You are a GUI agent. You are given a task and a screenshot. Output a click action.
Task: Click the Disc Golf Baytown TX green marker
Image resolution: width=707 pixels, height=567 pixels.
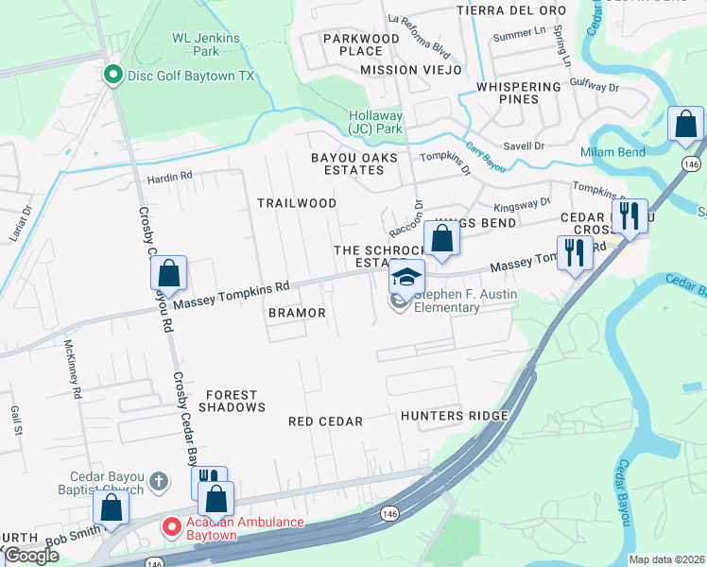(x=112, y=74)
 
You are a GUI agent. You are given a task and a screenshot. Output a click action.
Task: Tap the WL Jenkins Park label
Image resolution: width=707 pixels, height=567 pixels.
(x=206, y=44)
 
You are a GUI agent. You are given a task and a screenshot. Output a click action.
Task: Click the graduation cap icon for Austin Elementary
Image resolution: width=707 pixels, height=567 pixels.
(x=407, y=276)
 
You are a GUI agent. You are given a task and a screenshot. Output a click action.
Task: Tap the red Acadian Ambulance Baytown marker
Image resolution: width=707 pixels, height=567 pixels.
(x=171, y=526)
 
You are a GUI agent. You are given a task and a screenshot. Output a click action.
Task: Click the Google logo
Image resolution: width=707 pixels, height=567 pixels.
(x=31, y=556)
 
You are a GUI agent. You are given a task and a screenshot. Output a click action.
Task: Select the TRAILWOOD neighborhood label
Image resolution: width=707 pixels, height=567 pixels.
(x=297, y=203)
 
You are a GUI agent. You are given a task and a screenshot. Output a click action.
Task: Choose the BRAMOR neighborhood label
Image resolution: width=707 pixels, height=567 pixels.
(x=297, y=313)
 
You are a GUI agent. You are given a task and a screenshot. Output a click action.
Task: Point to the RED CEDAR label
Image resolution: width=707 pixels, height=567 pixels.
(x=326, y=421)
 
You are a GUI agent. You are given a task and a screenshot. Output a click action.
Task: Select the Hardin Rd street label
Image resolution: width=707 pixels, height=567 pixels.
(x=169, y=176)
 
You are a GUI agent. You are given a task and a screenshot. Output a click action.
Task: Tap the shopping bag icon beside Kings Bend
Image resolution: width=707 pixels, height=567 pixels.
(x=441, y=238)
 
